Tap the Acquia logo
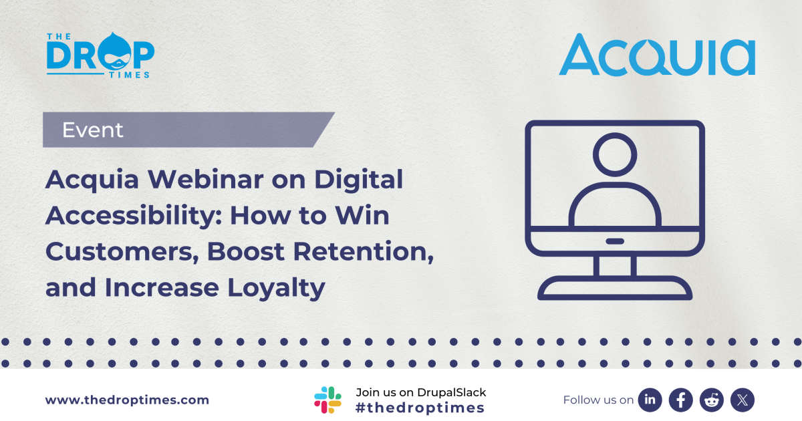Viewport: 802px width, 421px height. click(657, 55)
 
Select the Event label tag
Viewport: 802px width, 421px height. click(93, 130)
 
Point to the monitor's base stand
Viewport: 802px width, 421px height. click(614, 288)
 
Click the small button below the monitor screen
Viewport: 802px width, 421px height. click(614, 241)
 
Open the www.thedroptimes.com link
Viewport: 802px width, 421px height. click(127, 400)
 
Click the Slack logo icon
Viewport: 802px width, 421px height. click(327, 400)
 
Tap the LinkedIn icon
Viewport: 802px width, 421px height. click(650, 400)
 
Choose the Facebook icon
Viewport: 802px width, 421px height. click(680, 400)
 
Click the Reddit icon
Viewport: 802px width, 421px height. click(711, 400)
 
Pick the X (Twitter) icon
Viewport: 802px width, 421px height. click(742, 400)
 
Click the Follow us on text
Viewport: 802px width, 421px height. click(598, 400)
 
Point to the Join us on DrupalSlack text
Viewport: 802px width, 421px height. click(421, 392)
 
